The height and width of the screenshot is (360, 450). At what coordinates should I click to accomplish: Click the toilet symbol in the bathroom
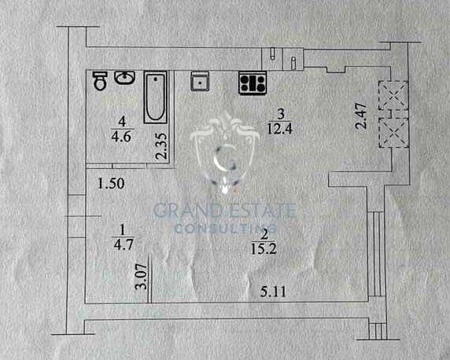[100, 81]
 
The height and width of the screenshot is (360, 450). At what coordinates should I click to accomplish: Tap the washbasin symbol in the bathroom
[125, 78]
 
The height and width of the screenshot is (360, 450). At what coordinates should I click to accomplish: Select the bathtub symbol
[155, 97]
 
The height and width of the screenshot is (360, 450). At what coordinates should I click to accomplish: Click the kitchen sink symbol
[200, 81]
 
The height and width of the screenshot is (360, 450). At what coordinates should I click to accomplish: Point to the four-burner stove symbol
[253, 83]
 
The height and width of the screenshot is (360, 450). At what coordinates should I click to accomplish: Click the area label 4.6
[121, 137]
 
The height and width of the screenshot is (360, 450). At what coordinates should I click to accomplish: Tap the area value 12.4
[280, 128]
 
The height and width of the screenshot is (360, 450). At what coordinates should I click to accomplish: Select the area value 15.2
[264, 248]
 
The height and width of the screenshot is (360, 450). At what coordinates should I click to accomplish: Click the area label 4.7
[124, 244]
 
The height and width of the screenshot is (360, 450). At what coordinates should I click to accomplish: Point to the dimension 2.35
[161, 145]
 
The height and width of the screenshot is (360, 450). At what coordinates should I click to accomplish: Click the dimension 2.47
[361, 116]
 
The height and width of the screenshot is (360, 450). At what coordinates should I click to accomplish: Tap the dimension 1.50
[111, 184]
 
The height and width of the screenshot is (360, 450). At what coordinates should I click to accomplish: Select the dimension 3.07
[142, 277]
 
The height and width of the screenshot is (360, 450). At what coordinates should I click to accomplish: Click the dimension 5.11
[273, 292]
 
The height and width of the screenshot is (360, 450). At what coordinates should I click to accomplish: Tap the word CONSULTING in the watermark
[226, 228]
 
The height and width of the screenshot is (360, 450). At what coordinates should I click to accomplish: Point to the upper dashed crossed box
[393, 96]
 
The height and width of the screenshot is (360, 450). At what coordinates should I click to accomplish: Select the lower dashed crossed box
[394, 133]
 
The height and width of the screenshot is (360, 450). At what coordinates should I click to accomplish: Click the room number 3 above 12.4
[281, 114]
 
